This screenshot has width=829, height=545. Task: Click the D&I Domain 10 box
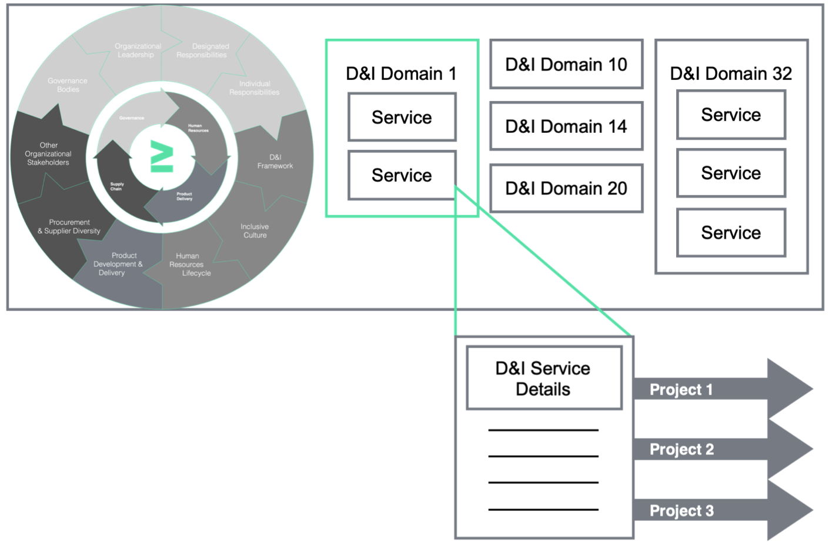(x=566, y=64)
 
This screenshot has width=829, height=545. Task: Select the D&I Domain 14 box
(x=566, y=126)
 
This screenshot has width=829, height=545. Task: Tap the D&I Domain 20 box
(x=566, y=188)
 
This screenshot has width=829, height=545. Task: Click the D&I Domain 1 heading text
(x=401, y=73)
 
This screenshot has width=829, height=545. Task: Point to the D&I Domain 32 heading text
(x=731, y=73)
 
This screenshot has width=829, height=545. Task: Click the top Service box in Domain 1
(x=402, y=117)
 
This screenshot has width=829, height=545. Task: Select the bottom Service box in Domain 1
(x=402, y=175)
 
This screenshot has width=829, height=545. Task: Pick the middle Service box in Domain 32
(x=731, y=173)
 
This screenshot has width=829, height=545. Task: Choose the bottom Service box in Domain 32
(x=731, y=232)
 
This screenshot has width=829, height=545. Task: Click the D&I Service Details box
(x=543, y=378)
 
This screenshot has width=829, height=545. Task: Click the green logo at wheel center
(x=162, y=156)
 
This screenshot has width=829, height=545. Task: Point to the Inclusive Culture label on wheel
(x=255, y=230)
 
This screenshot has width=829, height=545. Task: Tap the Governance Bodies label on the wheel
(x=68, y=85)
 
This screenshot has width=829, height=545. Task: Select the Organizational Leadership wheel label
(x=137, y=51)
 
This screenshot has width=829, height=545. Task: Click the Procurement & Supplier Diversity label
(x=69, y=226)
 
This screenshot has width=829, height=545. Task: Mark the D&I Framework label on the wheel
(x=275, y=162)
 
